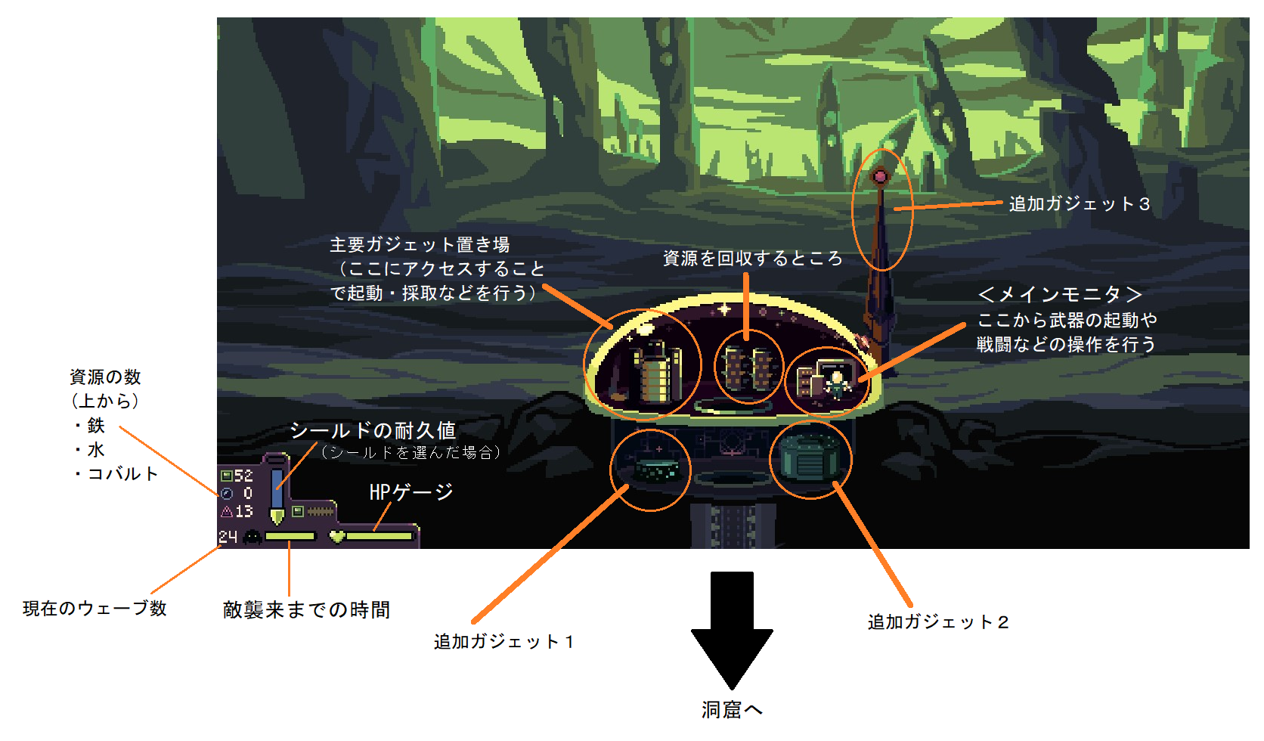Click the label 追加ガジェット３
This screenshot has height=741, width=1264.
[1079, 204]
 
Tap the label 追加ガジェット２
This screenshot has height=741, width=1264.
[938, 622]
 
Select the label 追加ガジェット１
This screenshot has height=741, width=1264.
[504, 642]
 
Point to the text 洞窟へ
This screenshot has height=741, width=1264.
[732, 710]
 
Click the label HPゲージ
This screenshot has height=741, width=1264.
[410, 492]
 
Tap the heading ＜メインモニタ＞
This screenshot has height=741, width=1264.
[1059, 294]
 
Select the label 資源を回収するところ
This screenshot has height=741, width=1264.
[752, 259]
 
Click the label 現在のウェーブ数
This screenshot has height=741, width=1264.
[94, 609]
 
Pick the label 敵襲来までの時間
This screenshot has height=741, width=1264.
[306, 610]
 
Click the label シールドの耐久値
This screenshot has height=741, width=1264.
[373, 431]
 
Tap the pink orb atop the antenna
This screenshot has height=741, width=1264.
[880, 177]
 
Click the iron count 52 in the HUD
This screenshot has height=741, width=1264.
[243, 476]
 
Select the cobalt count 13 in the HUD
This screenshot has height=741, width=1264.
[243, 512]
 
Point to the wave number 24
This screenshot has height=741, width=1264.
[228, 537]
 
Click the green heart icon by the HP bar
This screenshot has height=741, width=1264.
[337, 536]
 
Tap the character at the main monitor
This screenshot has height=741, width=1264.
[837, 383]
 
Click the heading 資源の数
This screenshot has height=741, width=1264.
[105, 377]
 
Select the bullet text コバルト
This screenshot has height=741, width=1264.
[122, 474]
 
